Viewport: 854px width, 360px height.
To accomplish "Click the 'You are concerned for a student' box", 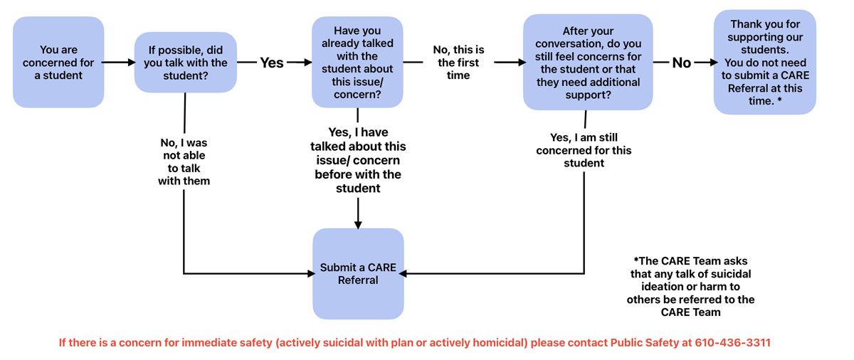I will coord(59,63).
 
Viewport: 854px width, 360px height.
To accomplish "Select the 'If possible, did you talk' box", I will coord(186,63).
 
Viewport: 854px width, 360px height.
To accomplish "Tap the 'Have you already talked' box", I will coord(357,63).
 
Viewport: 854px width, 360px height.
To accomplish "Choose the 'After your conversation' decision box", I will coord(588,63).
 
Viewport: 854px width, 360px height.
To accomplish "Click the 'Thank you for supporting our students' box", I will coord(764,63).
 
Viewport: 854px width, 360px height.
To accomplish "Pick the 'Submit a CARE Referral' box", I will coord(357,274).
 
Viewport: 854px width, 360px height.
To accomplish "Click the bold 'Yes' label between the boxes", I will coord(271,63).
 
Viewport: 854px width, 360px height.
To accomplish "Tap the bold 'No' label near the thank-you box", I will coord(681,63).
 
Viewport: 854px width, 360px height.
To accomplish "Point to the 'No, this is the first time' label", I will coord(458,63).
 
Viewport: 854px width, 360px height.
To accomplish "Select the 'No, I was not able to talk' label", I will coord(184,162).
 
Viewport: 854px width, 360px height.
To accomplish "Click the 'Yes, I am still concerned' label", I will coord(584,150).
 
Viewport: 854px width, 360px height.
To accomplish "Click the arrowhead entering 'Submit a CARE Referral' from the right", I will coord(409,273).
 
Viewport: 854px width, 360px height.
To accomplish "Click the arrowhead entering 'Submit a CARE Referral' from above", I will coord(357,223).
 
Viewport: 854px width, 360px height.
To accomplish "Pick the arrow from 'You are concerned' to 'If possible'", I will coord(120,63).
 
